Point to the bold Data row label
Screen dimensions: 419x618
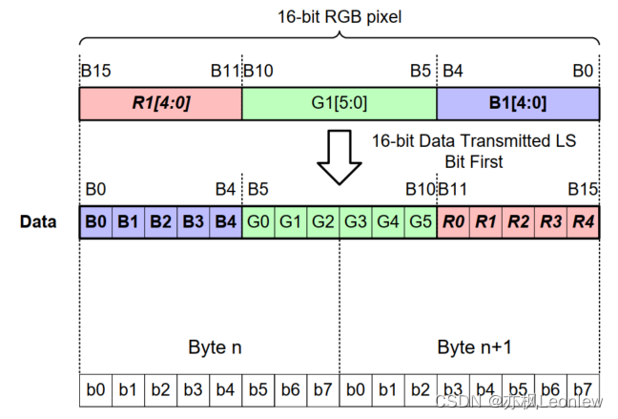(x=38, y=222)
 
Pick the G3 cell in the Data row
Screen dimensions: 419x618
(x=355, y=222)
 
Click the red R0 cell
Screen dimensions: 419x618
(x=453, y=222)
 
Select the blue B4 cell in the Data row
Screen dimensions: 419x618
(x=225, y=222)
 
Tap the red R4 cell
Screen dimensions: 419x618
(x=583, y=222)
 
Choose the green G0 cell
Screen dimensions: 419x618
(x=257, y=222)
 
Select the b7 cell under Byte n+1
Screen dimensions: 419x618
(x=583, y=388)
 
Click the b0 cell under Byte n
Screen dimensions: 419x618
(x=95, y=388)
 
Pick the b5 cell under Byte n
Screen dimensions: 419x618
(x=257, y=388)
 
